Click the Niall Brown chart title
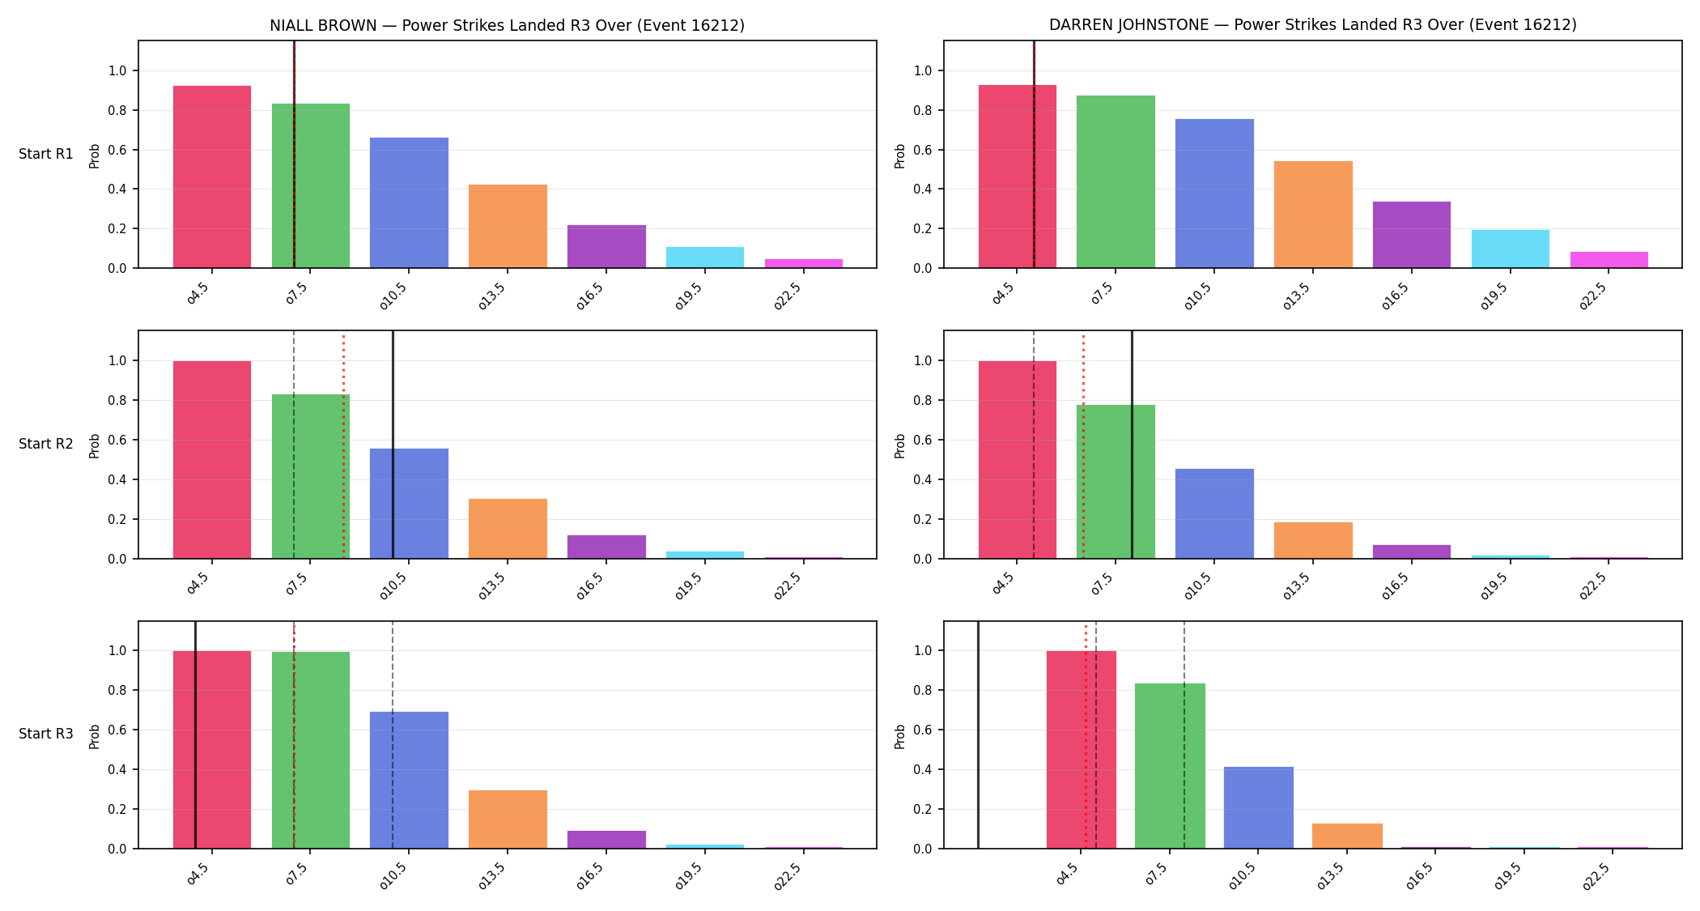click(x=507, y=25)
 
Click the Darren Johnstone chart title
click(x=1312, y=24)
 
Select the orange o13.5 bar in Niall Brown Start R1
click(x=508, y=226)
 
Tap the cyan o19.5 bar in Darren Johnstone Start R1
click(x=1510, y=249)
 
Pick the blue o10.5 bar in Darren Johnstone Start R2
click(x=1214, y=513)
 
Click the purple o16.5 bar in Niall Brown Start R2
click(x=606, y=547)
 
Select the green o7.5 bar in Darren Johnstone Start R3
click(x=1170, y=766)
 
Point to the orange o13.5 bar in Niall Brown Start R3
click(x=508, y=819)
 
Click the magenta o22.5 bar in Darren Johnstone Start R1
click(x=1609, y=260)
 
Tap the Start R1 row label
click(x=46, y=154)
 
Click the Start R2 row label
click(x=46, y=444)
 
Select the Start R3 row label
click(x=46, y=734)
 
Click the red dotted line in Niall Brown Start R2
click(x=343, y=446)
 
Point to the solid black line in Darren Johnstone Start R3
click(x=978, y=735)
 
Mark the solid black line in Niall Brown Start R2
click(x=393, y=445)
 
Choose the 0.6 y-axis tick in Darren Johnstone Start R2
click(x=923, y=440)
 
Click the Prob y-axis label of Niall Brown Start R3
click(x=95, y=736)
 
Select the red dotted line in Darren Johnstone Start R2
click(x=1083, y=446)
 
